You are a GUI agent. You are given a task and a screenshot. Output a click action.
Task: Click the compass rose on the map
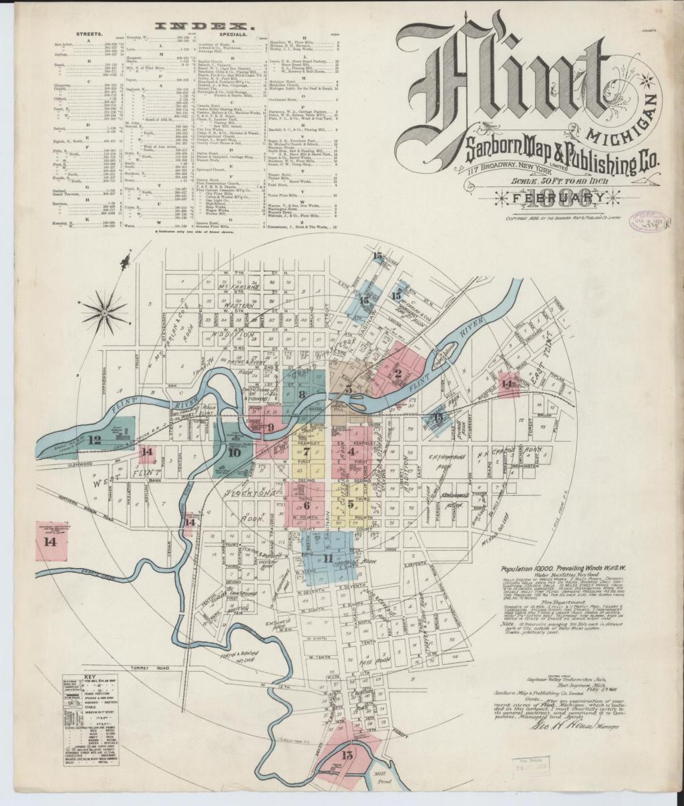click(x=104, y=309)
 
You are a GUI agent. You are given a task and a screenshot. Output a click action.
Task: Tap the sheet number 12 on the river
click(x=94, y=440)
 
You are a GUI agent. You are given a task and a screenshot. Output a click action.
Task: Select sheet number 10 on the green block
click(x=234, y=452)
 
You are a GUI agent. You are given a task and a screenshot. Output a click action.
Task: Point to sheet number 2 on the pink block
click(x=398, y=374)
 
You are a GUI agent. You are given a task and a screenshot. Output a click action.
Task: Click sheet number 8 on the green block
click(x=303, y=394)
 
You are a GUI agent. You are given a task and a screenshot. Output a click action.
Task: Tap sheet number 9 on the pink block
click(x=271, y=427)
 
